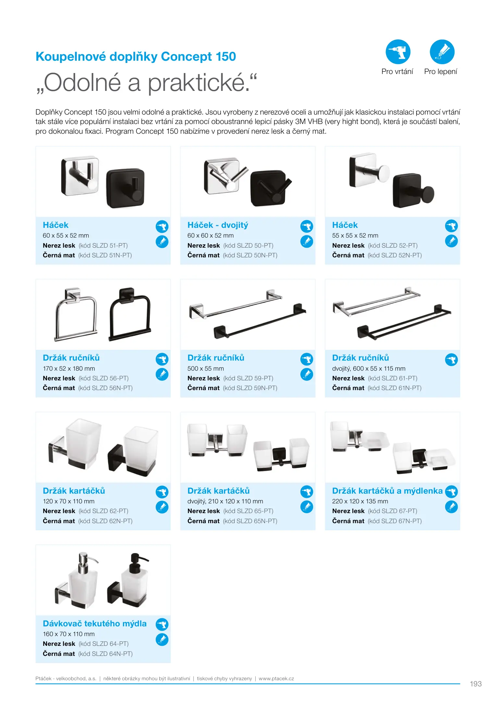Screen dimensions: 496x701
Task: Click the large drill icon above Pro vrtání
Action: pos(398,52)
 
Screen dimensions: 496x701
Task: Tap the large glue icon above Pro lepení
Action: pos(442,52)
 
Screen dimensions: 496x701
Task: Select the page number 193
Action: pos(476,684)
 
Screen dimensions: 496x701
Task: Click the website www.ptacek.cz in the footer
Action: pos(276,678)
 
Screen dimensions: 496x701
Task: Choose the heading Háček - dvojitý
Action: pos(218,225)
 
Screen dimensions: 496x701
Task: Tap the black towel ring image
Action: pos(130,314)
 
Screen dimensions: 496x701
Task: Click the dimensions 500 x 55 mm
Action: pos(206,369)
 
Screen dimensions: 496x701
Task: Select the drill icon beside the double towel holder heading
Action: pos(451,360)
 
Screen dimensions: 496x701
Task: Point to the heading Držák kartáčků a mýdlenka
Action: pos(387,491)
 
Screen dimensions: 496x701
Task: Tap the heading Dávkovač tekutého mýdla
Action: pos(95,623)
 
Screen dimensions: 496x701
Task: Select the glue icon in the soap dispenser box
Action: pos(162,639)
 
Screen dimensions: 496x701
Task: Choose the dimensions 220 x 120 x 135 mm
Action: pos(360,501)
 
